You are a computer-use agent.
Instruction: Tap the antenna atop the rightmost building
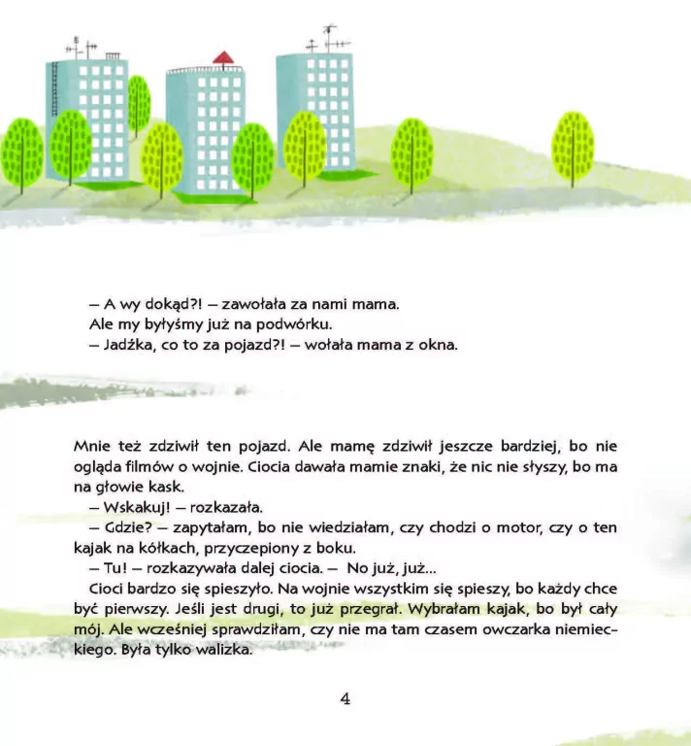(x=329, y=38)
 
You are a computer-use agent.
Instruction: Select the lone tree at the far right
(x=573, y=149)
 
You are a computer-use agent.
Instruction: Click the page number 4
(x=345, y=698)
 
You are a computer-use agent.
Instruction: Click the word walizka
(x=220, y=651)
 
